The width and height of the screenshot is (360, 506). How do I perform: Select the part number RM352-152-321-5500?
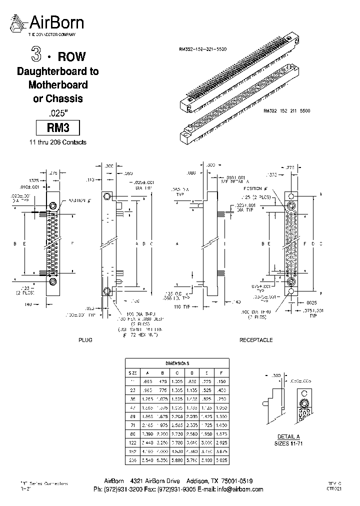(x=202, y=49)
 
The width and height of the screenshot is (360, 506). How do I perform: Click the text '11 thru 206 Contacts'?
(x=58, y=142)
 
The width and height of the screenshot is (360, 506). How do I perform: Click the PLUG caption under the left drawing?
(x=85, y=340)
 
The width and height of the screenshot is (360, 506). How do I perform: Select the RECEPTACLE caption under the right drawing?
(x=256, y=340)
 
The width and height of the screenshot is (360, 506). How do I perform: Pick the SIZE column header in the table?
(x=133, y=373)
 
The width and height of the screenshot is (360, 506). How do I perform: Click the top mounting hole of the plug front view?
(x=52, y=205)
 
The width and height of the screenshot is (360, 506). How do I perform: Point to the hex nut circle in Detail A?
(x=303, y=404)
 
